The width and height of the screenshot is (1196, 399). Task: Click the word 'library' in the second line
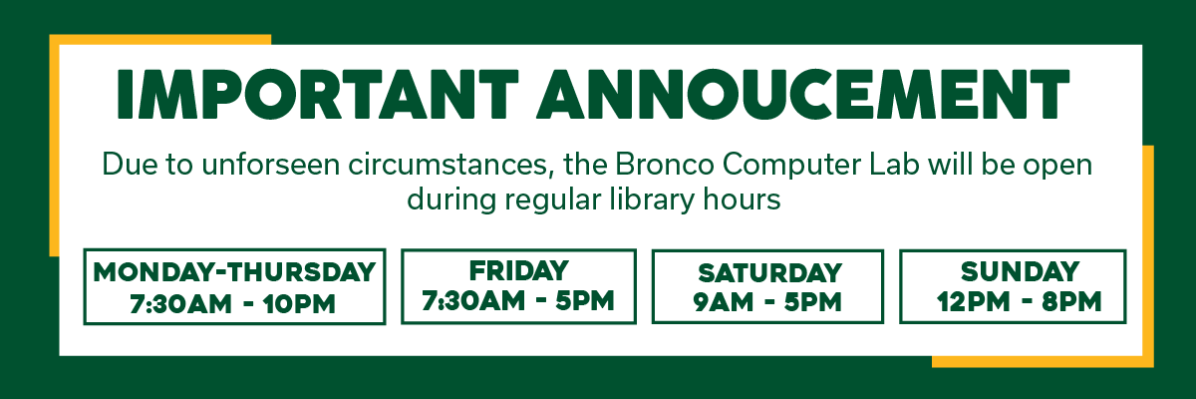pyautogui.click(x=644, y=199)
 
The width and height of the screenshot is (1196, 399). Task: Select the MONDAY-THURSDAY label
pyautogui.click(x=234, y=272)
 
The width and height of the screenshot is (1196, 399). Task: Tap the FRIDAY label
pyautogui.click(x=518, y=270)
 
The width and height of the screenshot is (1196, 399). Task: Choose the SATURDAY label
pyautogui.click(x=767, y=272)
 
